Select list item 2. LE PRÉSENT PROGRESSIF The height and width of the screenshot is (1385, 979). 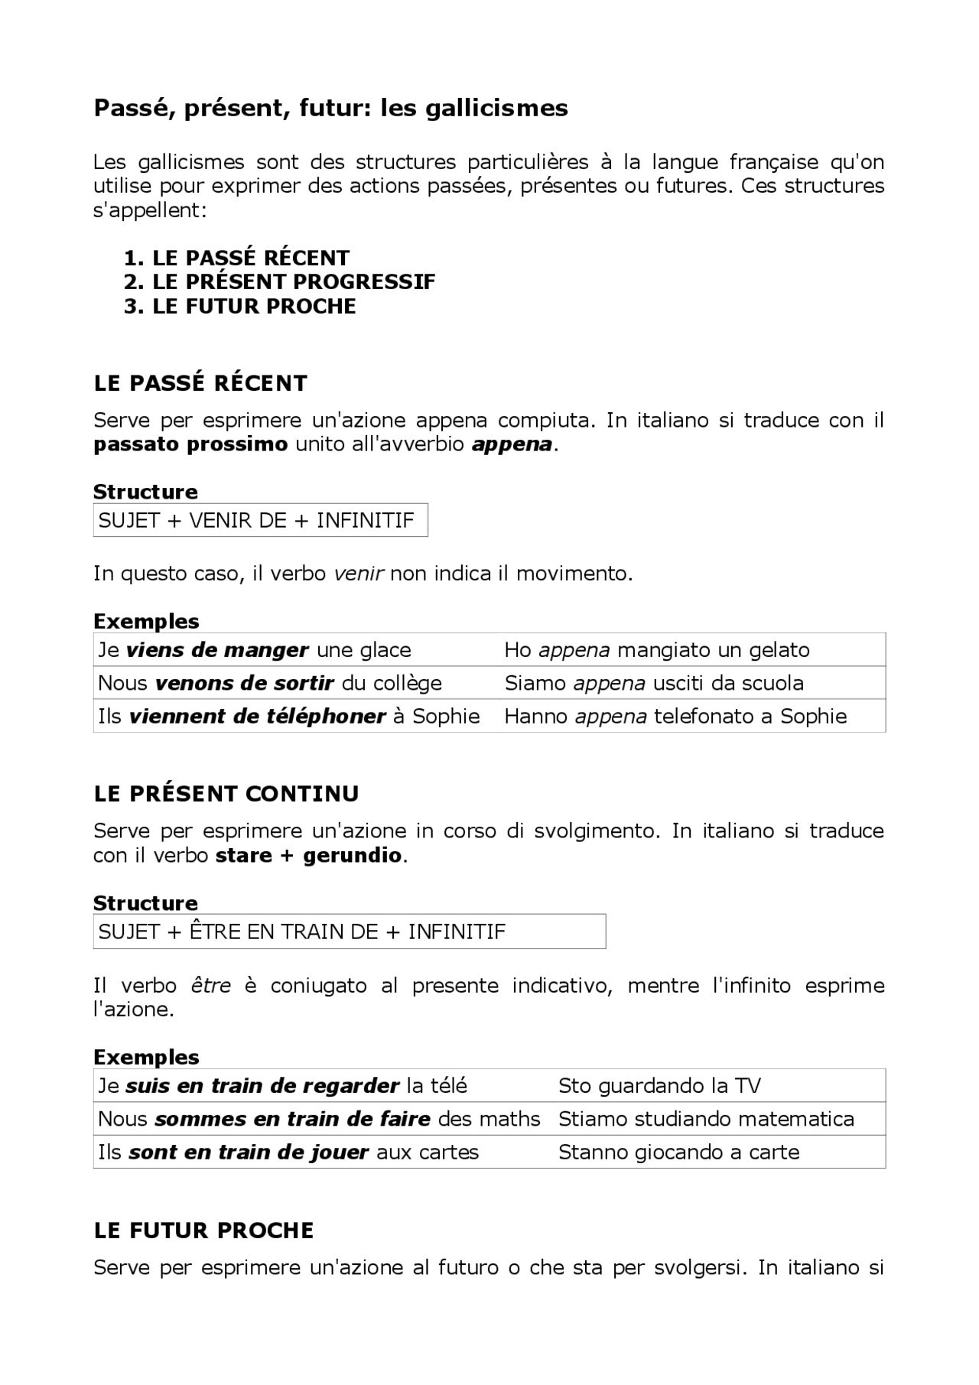(x=279, y=282)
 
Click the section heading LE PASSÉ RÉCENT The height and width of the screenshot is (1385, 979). (x=200, y=383)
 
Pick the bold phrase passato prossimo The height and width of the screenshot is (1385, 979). (x=190, y=444)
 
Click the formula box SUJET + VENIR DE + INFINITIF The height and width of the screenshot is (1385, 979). (x=260, y=520)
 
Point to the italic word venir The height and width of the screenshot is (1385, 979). (x=359, y=574)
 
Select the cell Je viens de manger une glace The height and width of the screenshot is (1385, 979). (x=255, y=650)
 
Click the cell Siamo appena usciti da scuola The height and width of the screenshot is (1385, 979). (x=654, y=683)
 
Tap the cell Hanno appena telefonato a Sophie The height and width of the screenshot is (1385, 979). (x=675, y=717)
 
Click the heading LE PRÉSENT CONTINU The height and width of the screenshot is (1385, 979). (x=226, y=794)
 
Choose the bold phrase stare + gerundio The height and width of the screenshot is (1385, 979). (x=308, y=855)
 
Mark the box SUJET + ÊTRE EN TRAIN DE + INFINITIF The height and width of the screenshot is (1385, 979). (x=349, y=931)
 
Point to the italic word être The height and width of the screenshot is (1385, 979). (x=210, y=986)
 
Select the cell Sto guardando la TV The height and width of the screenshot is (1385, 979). (x=659, y=1086)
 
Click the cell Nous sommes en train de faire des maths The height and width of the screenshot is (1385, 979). (x=319, y=1119)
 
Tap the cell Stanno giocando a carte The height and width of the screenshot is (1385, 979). (x=678, y=1153)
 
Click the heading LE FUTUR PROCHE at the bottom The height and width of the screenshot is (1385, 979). (x=203, y=1231)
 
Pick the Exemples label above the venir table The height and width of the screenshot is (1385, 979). (x=146, y=621)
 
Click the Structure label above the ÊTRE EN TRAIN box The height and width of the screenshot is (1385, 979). (x=145, y=903)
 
